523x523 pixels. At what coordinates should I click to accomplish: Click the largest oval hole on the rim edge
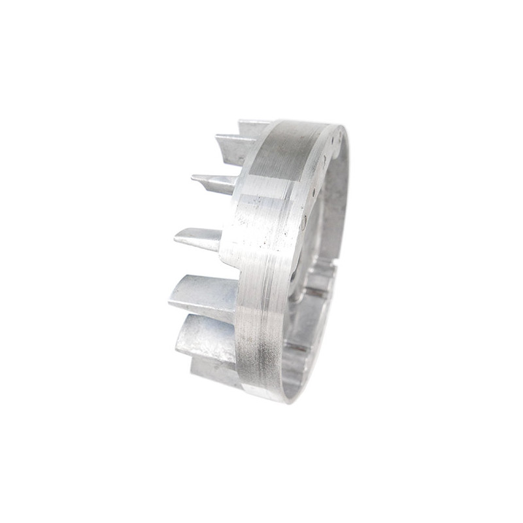tap(303, 223)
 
